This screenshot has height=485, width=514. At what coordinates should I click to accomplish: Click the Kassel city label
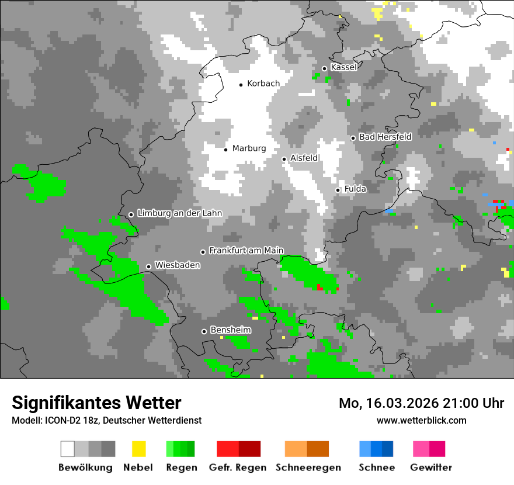[x=343, y=67]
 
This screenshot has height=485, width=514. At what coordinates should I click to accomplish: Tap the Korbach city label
[x=263, y=84]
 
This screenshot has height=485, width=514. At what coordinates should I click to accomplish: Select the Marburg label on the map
[x=249, y=148]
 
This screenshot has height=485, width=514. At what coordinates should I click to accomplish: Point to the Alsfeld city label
[x=304, y=158]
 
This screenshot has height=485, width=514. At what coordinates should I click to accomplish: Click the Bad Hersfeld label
[x=385, y=137]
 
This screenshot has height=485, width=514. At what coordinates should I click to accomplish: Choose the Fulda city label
[x=355, y=189]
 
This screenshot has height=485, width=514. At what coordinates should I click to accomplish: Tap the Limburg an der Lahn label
[x=179, y=213]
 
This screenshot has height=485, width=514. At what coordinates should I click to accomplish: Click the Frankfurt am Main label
[x=246, y=251]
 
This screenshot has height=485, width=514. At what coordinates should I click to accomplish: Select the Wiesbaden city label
[x=178, y=265]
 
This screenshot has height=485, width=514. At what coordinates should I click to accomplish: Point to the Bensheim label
[x=230, y=330]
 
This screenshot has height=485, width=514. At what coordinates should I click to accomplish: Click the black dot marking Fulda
[x=338, y=190]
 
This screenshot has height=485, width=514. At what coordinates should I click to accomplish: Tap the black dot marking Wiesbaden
[x=148, y=266]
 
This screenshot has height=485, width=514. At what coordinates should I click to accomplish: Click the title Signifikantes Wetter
[x=96, y=403]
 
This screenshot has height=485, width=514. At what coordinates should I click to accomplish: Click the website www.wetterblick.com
[x=421, y=420]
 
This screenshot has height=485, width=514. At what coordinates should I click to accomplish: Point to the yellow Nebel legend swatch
[x=138, y=449]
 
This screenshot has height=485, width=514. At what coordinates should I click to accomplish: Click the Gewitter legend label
[x=430, y=467]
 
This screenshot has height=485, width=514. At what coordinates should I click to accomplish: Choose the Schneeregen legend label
[x=308, y=467]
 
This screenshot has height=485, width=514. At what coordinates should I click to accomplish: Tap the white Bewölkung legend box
[x=67, y=449]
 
